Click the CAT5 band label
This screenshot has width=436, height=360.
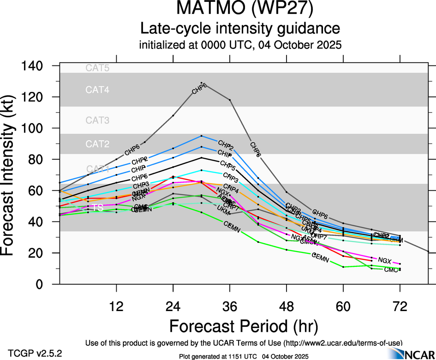pos(97,68)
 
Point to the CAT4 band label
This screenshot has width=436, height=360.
pos(97,90)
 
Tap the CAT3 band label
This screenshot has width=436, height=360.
pos(97,121)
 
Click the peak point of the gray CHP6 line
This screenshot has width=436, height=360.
pos(202,83)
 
